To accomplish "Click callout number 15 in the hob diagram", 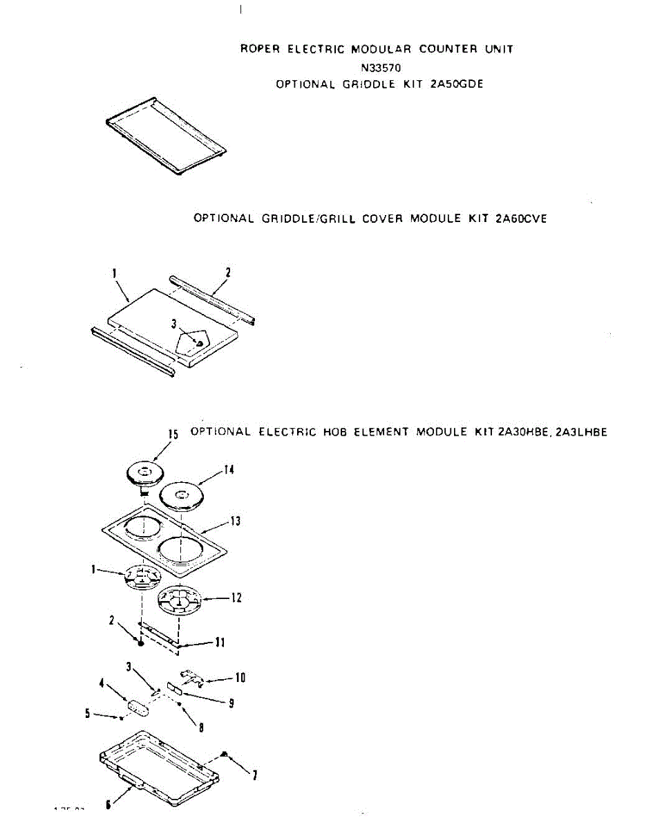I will (173, 434).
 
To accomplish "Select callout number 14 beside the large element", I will (229, 470).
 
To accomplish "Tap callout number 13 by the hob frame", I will (236, 521).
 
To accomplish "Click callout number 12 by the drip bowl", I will (236, 598).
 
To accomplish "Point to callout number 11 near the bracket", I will (220, 643).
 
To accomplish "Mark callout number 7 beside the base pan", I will (254, 776).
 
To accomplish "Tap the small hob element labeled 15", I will (145, 474).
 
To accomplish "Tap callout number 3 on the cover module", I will (175, 323).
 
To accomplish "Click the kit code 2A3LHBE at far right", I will (579, 432).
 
